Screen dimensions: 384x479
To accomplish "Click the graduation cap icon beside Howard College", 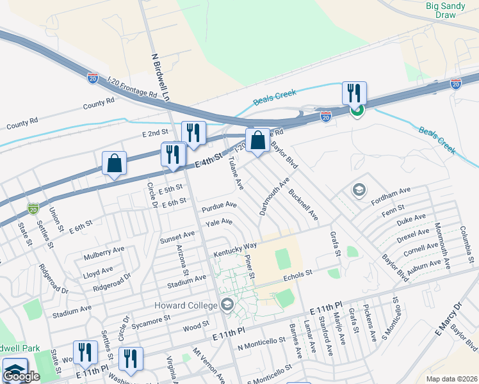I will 226,304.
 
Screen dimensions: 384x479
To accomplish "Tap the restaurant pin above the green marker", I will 354,93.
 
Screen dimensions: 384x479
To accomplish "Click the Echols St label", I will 299,273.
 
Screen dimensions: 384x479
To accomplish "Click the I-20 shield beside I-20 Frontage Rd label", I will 93,78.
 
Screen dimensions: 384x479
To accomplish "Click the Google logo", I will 22,376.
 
